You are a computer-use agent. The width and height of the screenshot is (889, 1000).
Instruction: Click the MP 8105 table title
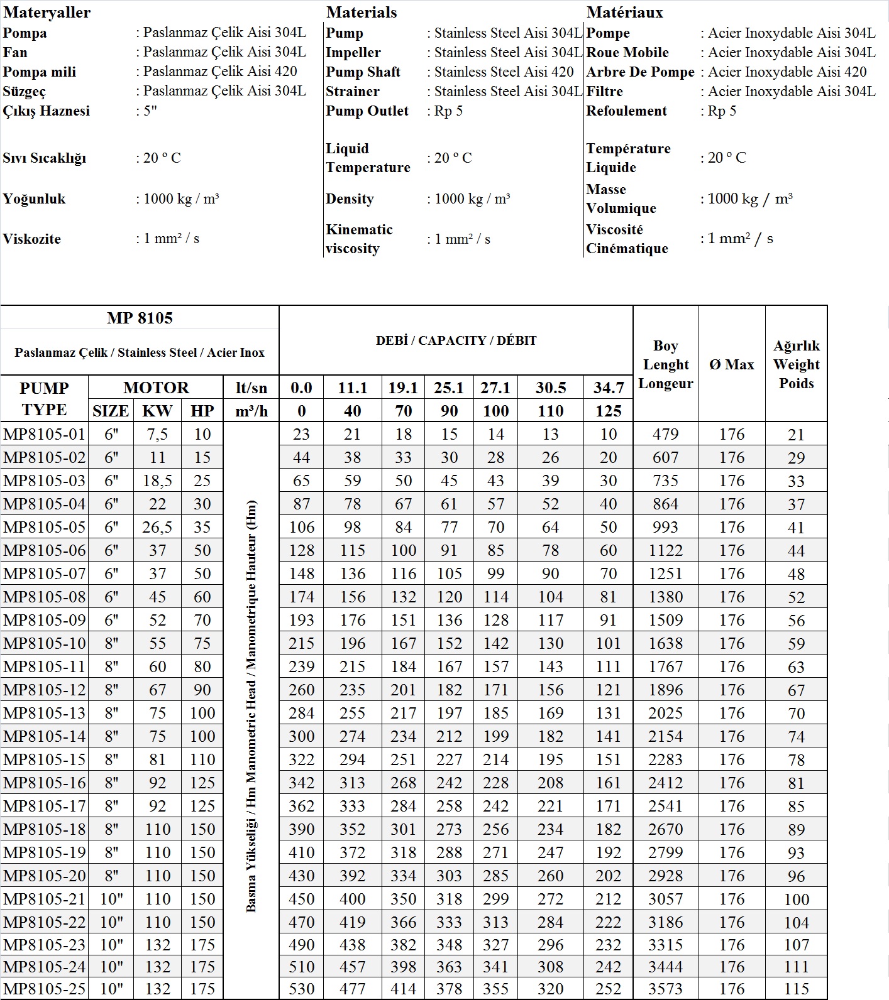[x=140, y=318]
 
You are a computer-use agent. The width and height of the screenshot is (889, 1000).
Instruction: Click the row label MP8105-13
[x=44, y=713]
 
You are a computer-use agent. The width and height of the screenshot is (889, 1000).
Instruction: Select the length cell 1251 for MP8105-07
[x=665, y=573]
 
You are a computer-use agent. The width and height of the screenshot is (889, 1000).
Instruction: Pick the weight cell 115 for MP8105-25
[x=796, y=989]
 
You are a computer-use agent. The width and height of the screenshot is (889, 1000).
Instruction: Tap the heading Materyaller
[x=47, y=13]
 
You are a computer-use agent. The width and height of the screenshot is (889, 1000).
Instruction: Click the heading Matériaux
[x=624, y=13]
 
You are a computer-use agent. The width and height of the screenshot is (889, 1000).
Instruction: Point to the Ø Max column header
[x=731, y=364]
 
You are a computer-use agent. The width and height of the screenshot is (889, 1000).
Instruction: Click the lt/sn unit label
[x=251, y=388]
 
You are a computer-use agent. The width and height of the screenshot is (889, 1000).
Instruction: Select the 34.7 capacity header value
[x=608, y=388]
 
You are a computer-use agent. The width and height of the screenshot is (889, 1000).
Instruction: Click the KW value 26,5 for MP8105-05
[x=157, y=527]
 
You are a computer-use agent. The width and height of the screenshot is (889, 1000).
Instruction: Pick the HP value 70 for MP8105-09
[x=202, y=620]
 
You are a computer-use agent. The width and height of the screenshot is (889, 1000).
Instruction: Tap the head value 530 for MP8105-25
[x=301, y=989]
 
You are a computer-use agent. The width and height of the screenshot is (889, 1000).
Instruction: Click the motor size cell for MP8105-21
[x=111, y=899]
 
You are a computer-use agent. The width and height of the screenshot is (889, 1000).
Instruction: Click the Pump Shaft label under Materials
[x=363, y=72]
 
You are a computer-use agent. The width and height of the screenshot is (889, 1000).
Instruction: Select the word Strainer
[x=352, y=91]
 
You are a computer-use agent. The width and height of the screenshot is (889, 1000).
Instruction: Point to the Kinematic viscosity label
[x=359, y=239]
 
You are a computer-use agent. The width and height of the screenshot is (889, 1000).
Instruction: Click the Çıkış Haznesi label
[x=47, y=111]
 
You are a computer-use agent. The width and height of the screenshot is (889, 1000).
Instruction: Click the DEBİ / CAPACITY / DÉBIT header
[x=456, y=340]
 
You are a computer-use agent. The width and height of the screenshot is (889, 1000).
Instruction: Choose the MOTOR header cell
[x=156, y=388]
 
